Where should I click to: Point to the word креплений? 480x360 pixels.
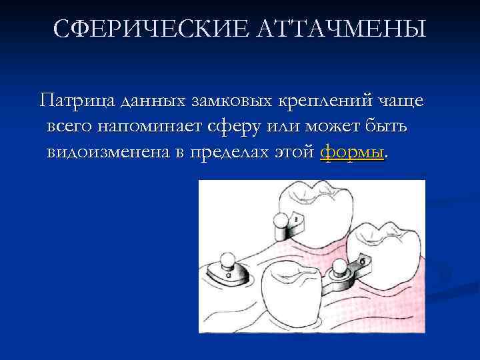coord(323,101)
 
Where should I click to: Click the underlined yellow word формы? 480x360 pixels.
coord(352,152)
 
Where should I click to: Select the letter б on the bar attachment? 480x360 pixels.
coord(362,262)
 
